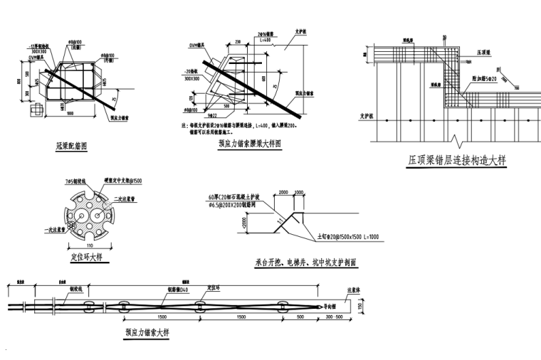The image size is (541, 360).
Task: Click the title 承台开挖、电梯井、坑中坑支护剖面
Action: pyautogui.click(x=305, y=263)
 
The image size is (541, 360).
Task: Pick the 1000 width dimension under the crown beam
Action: pyautogui.click(x=70, y=114)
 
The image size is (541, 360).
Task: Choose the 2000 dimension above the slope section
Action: pyautogui.click(x=284, y=192)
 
